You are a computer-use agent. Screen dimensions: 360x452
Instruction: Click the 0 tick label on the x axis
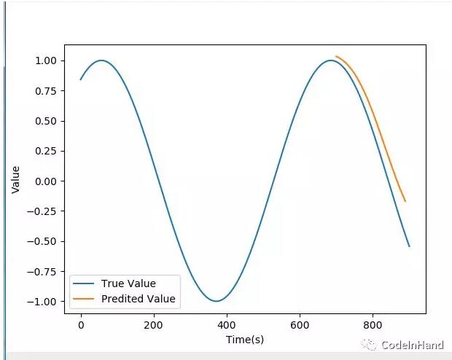click(x=81, y=326)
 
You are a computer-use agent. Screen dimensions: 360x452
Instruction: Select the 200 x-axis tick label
click(x=154, y=326)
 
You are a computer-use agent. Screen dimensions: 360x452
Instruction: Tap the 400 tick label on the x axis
click(x=227, y=326)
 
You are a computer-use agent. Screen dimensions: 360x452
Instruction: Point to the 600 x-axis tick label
click(x=300, y=326)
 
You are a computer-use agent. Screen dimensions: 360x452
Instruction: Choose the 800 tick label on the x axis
click(x=373, y=326)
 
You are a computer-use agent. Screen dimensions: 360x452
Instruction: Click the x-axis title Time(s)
click(x=245, y=340)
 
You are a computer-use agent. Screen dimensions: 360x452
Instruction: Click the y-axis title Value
click(x=16, y=180)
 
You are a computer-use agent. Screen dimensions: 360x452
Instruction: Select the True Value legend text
click(x=128, y=283)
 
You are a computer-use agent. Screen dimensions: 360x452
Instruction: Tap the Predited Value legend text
click(x=139, y=299)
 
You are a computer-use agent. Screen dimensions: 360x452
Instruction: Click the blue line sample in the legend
click(x=85, y=283)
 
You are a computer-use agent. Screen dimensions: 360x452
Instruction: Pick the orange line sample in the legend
click(x=85, y=299)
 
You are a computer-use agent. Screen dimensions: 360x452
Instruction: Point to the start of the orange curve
click(x=336, y=56)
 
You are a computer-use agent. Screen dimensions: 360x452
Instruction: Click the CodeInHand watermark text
click(x=413, y=345)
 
